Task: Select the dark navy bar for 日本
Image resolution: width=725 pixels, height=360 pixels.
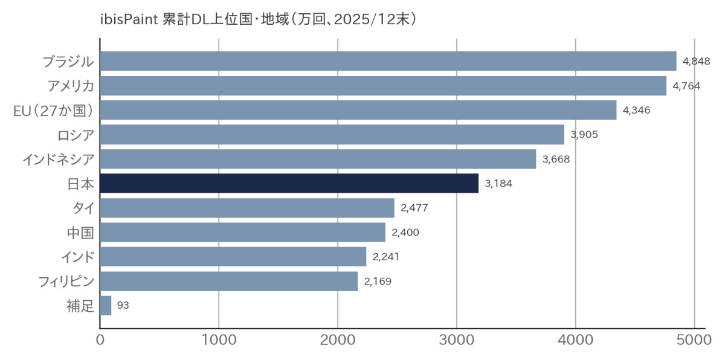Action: pyautogui.click(x=289, y=183)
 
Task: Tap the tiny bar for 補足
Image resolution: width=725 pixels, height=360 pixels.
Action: pyautogui.click(x=106, y=306)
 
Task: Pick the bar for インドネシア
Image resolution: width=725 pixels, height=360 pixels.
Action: pyautogui.click(x=318, y=159)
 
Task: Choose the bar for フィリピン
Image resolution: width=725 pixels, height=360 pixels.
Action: pyautogui.click(x=228, y=281)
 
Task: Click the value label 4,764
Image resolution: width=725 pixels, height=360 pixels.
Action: pyautogui.click(x=686, y=86)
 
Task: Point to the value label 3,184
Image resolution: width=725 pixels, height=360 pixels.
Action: pyautogui.click(x=498, y=183)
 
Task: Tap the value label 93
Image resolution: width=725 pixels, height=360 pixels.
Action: pyautogui.click(x=123, y=306)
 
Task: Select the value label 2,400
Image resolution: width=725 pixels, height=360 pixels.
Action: pyautogui.click(x=405, y=232)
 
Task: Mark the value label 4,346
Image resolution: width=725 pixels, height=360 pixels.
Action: pyautogui.click(x=636, y=110)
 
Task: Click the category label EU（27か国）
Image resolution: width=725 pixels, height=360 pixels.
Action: pyautogui.click(x=54, y=111)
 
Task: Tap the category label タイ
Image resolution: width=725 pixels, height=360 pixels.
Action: pyautogui.click(x=83, y=208)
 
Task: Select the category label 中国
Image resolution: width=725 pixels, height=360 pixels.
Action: pyautogui.click(x=80, y=233)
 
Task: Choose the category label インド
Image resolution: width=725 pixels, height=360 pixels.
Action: pyautogui.click(x=77, y=257)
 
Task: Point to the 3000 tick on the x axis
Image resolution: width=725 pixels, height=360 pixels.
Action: pyautogui.click(x=457, y=341)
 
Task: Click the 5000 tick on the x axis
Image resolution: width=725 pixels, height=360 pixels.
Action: pyautogui.click(x=694, y=341)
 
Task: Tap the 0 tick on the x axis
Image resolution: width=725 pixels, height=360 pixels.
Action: pyautogui.click(x=100, y=341)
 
